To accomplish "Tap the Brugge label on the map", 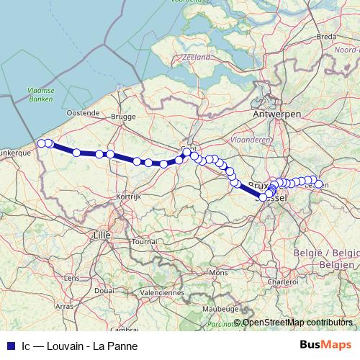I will (123, 115).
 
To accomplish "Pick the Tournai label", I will (144, 242).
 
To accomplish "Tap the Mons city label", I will (217, 273).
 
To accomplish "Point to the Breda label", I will (327, 36).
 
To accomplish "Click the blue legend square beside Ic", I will (10, 345).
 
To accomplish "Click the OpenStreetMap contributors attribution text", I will (297, 323).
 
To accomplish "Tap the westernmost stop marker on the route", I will (42, 143).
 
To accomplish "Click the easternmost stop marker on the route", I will (318, 184).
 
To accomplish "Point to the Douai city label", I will (104, 290).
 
